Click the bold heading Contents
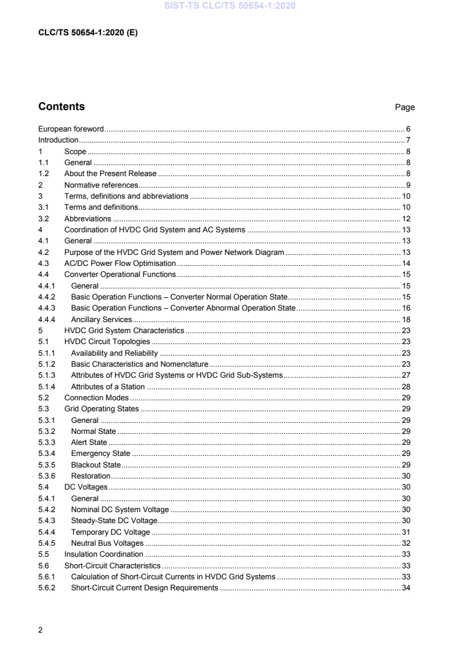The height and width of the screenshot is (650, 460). pyautogui.click(x=61, y=107)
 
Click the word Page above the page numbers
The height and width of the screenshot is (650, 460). pyautogui.click(x=405, y=108)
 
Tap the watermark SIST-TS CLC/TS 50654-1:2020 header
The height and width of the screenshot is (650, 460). pyautogui.click(x=230, y=6)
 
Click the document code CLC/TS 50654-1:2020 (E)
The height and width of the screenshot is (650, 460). pyautogui.click(x=88, y=32)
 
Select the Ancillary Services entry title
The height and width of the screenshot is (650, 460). pyautogui.click(x=102, y=319)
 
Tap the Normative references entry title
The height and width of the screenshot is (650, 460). pyautogui.click(x=101, y=185)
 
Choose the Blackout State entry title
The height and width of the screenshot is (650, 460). pyautogui.click(x=96, y=465)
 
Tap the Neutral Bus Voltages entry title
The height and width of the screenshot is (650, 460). pyautogui.click(x=107, y=543)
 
